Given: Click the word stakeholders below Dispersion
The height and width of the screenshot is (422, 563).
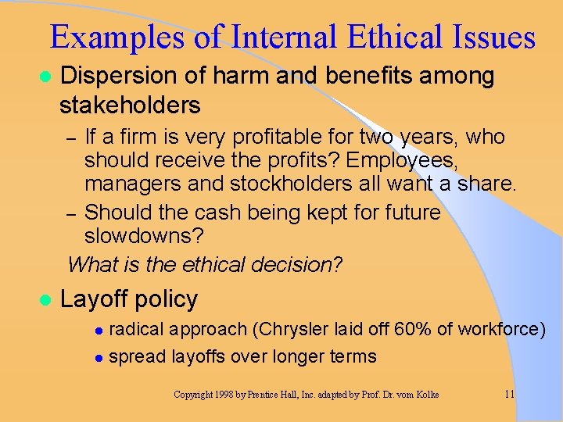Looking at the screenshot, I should (130, 105).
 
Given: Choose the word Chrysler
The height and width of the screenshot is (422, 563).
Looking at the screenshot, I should (298, 329).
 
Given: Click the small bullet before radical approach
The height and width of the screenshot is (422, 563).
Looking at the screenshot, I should (99, 330).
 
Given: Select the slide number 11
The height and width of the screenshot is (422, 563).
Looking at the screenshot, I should (508, 395).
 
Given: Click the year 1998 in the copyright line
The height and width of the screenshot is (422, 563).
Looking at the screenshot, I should (224, 395).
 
